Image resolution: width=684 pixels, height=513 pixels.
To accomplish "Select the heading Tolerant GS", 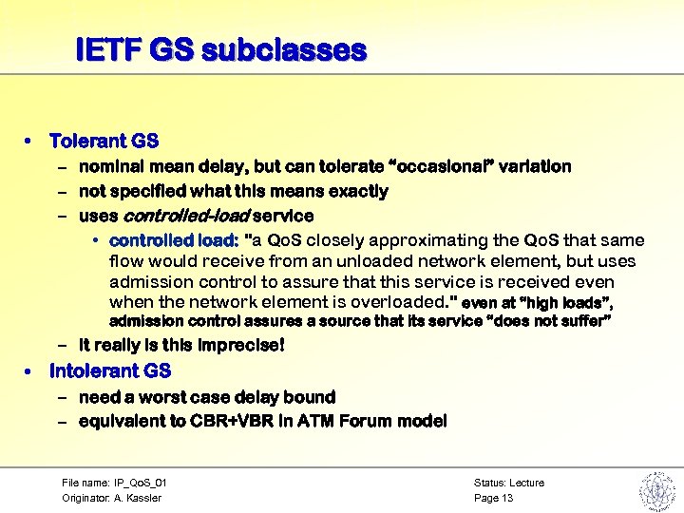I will [x=104, y=141].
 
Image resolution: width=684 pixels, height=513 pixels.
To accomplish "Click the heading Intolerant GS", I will [x=110, y=370].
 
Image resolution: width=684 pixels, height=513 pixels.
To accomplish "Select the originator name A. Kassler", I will [x=139, y=498].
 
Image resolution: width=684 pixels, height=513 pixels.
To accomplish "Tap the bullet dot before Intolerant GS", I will [x=29, y=370].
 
